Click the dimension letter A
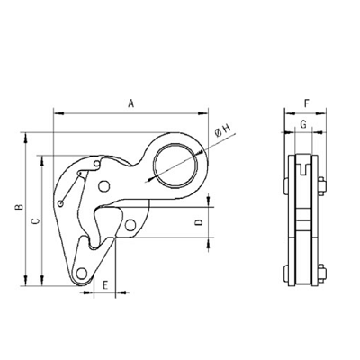(130, 103)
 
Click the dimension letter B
(19, 207)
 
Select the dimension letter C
(36, 221)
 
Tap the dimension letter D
(199, 222)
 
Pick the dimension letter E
(105, 285)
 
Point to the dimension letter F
(306, 103)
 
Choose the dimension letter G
(303, 124)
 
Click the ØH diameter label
(222, 130)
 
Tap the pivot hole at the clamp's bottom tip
(81, 274)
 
